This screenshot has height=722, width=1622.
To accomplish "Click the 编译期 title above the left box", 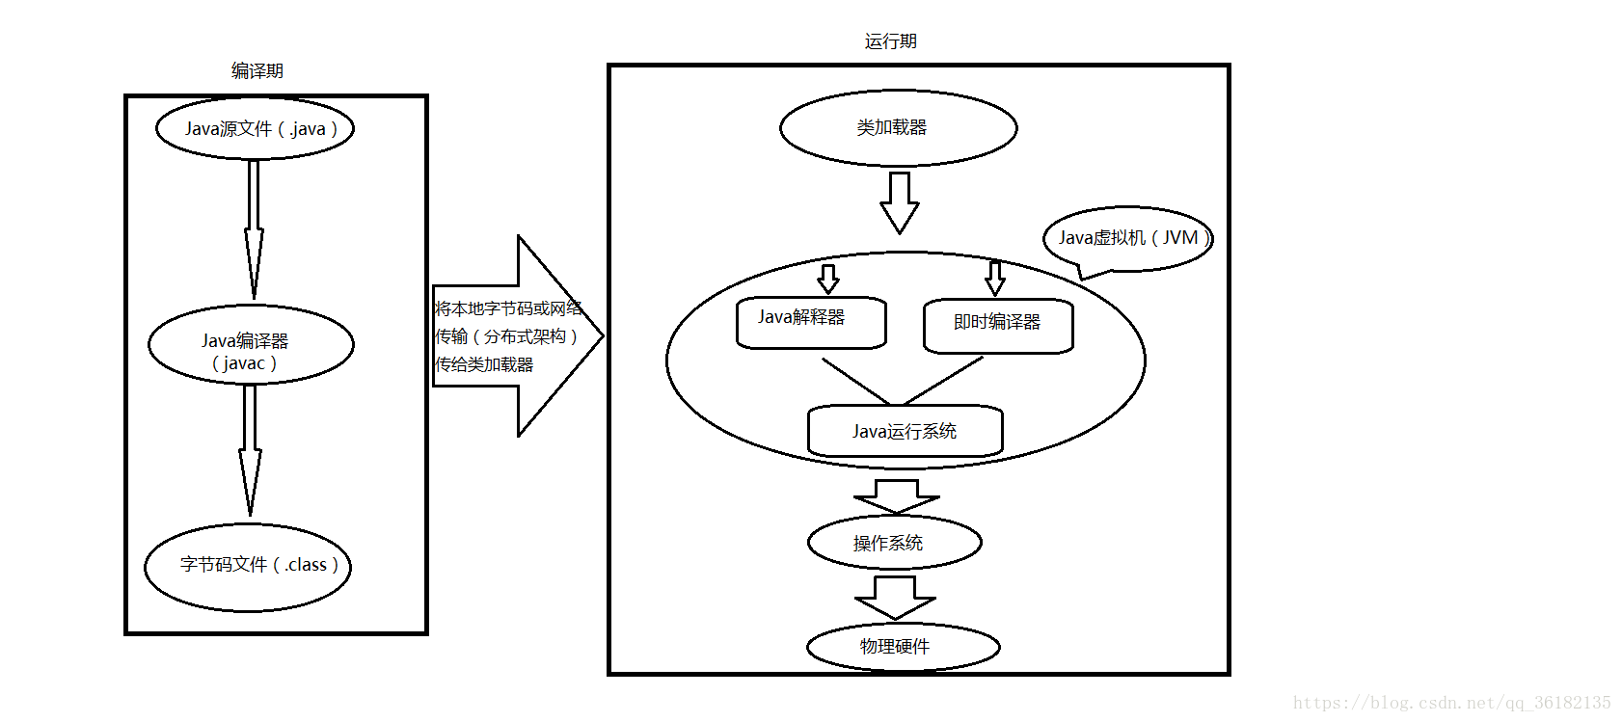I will pos(257,70).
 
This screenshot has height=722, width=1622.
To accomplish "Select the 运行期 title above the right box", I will pos(890,41).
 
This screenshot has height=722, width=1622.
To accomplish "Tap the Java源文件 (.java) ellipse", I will pos(256,128).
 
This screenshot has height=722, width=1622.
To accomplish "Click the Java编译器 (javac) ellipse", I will pos(251,345).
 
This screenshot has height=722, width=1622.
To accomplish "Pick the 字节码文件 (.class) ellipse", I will pos(248,567).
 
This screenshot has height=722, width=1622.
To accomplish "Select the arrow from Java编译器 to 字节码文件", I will pos(250,448).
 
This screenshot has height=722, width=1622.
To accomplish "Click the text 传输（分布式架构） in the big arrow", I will pos(505,336).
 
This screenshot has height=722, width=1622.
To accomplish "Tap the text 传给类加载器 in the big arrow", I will pos(484,364).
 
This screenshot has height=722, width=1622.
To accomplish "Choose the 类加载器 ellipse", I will pos(898,128).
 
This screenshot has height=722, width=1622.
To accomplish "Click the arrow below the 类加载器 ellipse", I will pos(899,202).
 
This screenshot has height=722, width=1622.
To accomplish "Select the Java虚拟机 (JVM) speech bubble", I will pos(1127,238).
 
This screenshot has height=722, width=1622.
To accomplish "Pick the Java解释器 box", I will pos(811,322).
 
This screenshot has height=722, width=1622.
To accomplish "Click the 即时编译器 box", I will pos(998,326).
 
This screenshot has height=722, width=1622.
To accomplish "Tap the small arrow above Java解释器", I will pos(827,279).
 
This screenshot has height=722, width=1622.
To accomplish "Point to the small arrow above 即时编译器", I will pos(995,278).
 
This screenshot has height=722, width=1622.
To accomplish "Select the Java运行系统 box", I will pos(905,431).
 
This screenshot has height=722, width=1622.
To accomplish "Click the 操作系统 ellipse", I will pos(894,543).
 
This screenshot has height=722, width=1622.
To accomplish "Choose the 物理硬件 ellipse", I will pos(903,646).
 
